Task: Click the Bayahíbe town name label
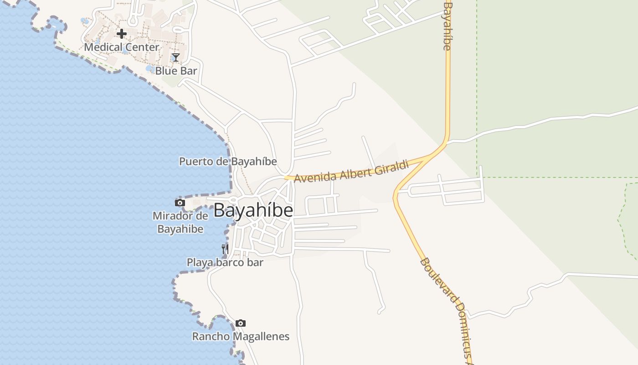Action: [x=253, y=210]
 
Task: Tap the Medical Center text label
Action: [x=122, y=47]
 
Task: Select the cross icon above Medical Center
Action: [x=122, y=33]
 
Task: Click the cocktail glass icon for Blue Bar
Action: [x=176, y=57]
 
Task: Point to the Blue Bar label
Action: [x=176, y=71]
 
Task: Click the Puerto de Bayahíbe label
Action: [x=228, y=162]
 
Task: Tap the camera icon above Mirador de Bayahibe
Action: [x=180, y=203]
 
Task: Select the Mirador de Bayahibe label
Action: [x=180, y=222]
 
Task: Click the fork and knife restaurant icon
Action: [x=225, y=249]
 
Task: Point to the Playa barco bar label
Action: [x=225, y=262]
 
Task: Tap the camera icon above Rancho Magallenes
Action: [x=241, y=323]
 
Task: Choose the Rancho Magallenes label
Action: [x=241, y=337]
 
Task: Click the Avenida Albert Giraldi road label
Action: [x=351, y=172]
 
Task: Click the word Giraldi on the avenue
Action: [x=392, y=167]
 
